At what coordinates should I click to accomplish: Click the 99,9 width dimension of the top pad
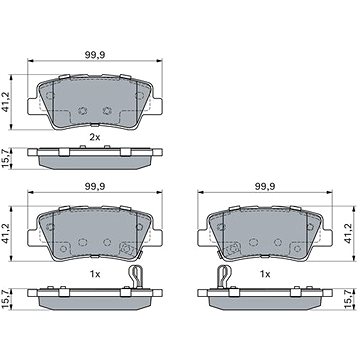pyautogui.click(x=95, y=55)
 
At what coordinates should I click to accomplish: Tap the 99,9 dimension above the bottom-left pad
pyautogui.click(x=95, y=187)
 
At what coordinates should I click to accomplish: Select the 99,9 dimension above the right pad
pyautogui.click(x=265, y=187)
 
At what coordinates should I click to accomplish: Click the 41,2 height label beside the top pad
pyautogui.click(x=6, y=101)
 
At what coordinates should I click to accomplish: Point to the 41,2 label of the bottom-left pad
pyautogui.click(x=6, y=233)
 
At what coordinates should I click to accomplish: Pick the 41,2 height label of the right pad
pyautogui.click(x=349, y=233)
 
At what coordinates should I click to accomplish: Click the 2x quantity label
pyautogui.click(x=95, y=137)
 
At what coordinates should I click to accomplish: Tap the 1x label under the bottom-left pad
pyautogui.click(x=95, y=274)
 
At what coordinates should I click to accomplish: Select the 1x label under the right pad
pyautogui.click(x=265, y=274)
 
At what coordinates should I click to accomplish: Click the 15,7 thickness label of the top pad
pyautogui.click(x=6, y=159)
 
